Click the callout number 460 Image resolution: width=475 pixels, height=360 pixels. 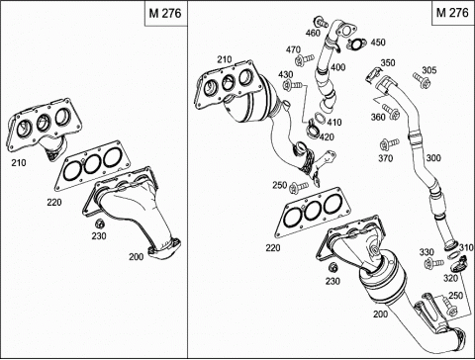pyautogui.click(x=313, y=33)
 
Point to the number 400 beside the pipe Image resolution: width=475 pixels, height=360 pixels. pyautogui.click(x=338, y=67)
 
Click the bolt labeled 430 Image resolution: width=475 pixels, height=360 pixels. pyautogui.click(x=292, y=85)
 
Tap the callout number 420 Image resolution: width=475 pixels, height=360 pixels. pyautogui.click(x=327, y=136)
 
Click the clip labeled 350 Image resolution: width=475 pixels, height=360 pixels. pyautogui.click(x=373, y=74)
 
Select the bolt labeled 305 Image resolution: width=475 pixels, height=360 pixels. pyautogui.click(x=422, y=81)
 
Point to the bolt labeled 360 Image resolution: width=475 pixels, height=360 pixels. pyautogui.click(x=391, y=111)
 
